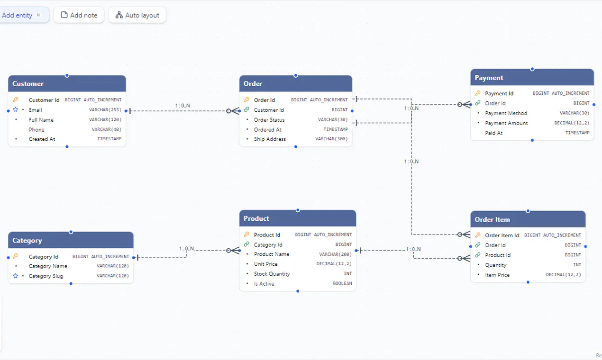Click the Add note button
pyautogui.click(x=79, y=15)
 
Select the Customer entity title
pyautogui.click(x=28, y=84)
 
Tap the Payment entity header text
pyautogui.click(x=489, y=78)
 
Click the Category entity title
pyautogui.click(x=27, y=241)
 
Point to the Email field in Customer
pyautogui.click(x=35, y=110)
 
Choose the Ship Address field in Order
pyautogui.click(x=270, y=139)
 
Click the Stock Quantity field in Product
pyautogui.click(x=272, y=274)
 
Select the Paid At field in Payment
pyautogui.click(x=494, y=133)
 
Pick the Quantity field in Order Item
pyautogui.click(x=495, y=265)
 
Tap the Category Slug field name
pyautogui.click(x=46, y=276)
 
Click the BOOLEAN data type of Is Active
pyautogui.click(x=342, y=283)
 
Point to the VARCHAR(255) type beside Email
pyautogui.click(x=105, y=109)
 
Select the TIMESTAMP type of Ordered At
pyautogui.click(x=336, y=129)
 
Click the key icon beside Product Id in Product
pyautogui.click(x=246, y=234)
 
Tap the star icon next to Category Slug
pyautogui.click(x=16, y=276)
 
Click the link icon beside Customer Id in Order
pyautogui.click(x=246, y=109)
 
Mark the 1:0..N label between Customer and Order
pyautogui.click(x=183, y=106)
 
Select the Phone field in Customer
pyautogui.click(x=36, y=130)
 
